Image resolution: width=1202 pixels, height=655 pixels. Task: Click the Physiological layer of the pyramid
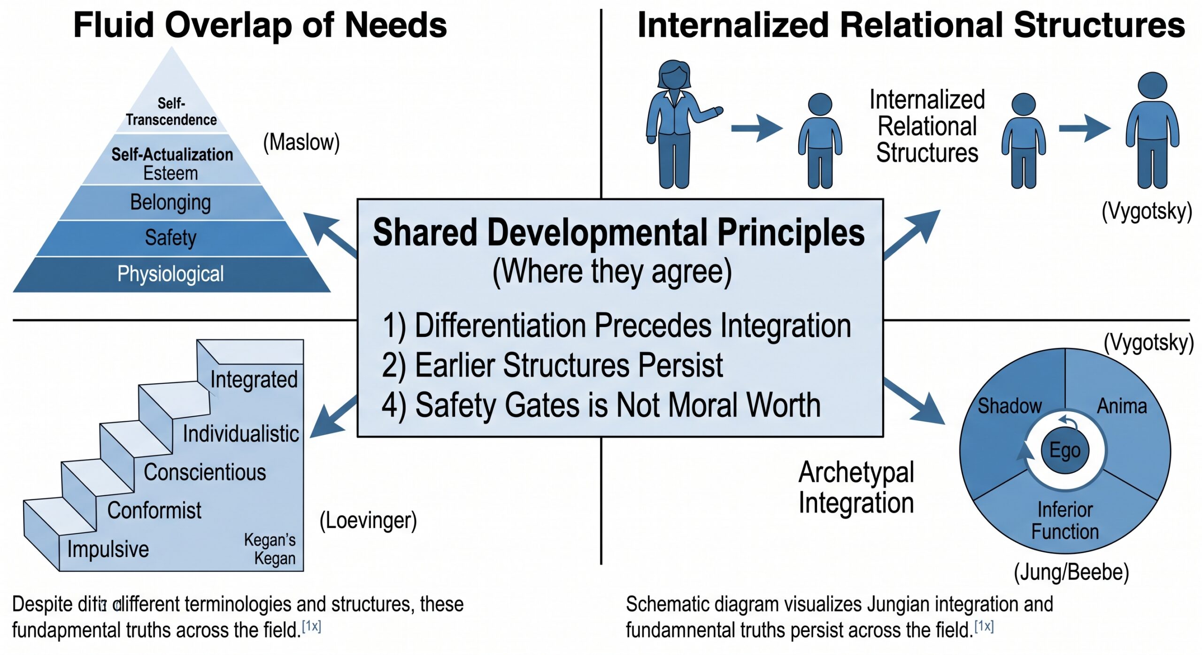click(171, 274)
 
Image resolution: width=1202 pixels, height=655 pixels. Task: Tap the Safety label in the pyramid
click(170, 237)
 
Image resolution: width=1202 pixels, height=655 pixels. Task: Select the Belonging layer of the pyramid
click(171, 203)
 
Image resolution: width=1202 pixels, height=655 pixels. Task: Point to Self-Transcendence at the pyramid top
click(171, 112)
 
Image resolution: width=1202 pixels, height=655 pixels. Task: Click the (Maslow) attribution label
click(301, 142)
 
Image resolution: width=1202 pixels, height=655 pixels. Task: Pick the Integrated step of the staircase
click(254, 379)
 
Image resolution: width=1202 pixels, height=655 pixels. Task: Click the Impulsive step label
click(108, 549)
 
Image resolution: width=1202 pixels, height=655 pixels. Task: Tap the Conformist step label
click(154, 510)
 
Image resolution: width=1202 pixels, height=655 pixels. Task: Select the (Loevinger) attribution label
click(368, 520)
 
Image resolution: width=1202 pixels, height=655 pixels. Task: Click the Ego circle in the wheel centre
click(1065, 450)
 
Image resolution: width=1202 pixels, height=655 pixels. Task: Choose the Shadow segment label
click(1009, 406)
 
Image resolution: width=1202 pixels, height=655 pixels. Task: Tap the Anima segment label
click(1122, 406)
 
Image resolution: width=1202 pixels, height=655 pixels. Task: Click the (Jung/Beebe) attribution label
click(1071, 572)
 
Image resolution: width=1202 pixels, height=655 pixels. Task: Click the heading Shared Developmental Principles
click(619, 233)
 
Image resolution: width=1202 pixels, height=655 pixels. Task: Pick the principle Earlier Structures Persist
click(552, 365)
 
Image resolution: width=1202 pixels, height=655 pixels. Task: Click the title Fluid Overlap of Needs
click(260, 25)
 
